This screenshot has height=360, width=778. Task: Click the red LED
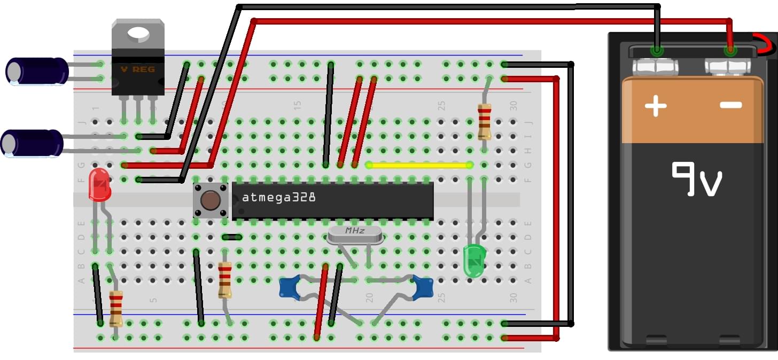99,185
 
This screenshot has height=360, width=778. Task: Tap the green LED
473,261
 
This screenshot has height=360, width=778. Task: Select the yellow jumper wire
419,166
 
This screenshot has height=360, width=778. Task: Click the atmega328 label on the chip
278,197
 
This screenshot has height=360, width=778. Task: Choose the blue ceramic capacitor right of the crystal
423,287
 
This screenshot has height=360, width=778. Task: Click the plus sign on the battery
655,106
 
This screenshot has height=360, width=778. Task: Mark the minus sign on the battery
730,105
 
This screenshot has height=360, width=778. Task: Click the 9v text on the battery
697,179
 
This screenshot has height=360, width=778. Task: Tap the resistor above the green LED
484,121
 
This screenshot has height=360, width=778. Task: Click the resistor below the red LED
116,308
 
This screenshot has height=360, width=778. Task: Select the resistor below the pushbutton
225,279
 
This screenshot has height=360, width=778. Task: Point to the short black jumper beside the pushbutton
232,237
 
